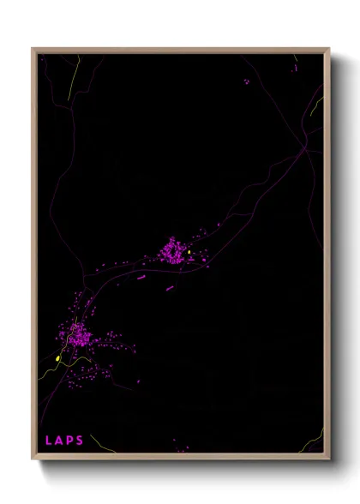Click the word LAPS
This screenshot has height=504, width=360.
[x=64, y=441]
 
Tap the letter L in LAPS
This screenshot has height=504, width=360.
[x=49, y=441]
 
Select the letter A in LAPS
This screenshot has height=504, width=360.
[x=59, y=441]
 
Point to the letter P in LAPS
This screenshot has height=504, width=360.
[x=69, y=441]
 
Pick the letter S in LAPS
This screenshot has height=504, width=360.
[x=80, y=441]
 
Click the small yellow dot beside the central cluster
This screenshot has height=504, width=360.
[x=189, y=252]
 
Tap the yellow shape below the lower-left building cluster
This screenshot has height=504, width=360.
[x=57, y=358]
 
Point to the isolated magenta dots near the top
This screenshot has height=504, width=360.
[x=247, y=81]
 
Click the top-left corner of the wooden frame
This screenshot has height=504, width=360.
[x=33, y=49]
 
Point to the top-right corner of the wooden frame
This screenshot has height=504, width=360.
[x=329, y=49]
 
